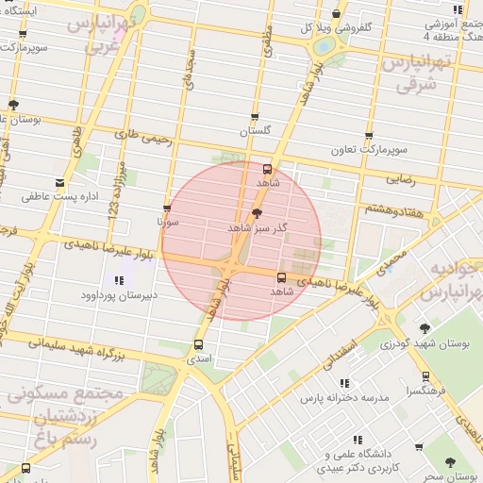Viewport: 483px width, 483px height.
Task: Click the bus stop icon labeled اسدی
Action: (x=198, y=344)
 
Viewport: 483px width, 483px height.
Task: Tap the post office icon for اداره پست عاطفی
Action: (x=61, y=182)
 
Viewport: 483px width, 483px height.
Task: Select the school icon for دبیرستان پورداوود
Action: (x=119, y=280)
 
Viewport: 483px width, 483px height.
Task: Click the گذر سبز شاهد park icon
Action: (x=258, y=215)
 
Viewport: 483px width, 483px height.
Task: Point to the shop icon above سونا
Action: (x=167, y=208)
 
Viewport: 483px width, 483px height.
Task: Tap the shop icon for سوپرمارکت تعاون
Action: (x=368, y=136)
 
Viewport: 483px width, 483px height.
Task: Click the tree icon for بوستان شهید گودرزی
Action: (x=425, y=328)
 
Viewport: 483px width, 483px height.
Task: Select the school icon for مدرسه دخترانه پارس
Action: (x=345, y=383)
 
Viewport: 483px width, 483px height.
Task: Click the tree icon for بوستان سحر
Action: (x=448, y=461)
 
